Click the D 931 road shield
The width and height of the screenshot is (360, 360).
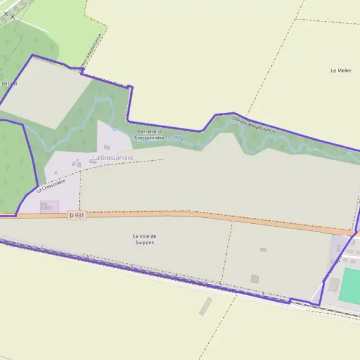(x=77, y=215)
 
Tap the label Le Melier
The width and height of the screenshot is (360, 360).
(x=341, y=70)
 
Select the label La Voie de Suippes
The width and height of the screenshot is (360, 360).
(x=143, y=239)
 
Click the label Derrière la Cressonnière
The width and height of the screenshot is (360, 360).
(x=149, y=134)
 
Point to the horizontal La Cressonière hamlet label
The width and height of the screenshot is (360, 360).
(x=113, y=157)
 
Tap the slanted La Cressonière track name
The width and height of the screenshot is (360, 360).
(x=50, y=185)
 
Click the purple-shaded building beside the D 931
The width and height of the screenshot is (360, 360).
(x=45, y=206)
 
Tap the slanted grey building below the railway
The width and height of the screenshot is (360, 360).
(x=205, y=306)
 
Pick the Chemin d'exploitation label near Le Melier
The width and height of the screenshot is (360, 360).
(x=254, y=125)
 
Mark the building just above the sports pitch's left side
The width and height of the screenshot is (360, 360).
(x=333, y=284)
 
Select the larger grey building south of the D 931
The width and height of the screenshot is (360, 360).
(x=255, y=278)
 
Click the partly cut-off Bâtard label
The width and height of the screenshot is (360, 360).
(x=8, y=83)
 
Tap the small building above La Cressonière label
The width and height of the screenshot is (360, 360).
(x=107, y=146)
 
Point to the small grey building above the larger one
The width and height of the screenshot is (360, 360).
(x=263, y=249)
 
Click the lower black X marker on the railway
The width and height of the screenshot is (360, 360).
(x=11, y=16)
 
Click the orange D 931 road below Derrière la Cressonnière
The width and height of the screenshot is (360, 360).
(x=150, y=214)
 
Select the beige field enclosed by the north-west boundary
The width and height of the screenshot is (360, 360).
(x=45, y=93)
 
